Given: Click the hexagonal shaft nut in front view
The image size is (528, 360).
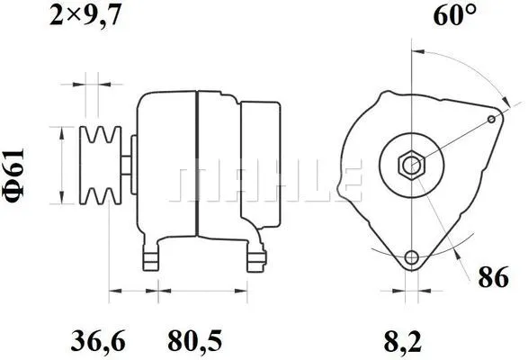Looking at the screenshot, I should pos(412,166).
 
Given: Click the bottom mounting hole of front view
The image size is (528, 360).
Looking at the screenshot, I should pos(412,258).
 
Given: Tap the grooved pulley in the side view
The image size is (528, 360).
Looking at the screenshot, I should pos(99,165).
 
